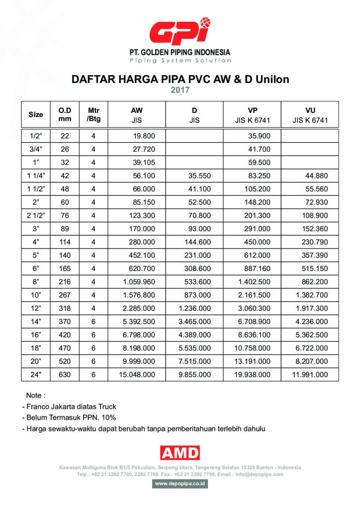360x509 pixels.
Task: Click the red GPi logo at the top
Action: coord(180,31)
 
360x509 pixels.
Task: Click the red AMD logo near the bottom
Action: coord(180,452)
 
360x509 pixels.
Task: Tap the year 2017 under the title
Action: coord(180,90)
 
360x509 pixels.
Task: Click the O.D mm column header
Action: coord(65,114)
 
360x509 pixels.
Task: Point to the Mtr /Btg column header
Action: coord(93,114)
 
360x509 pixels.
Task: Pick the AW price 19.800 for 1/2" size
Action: coord(145,136)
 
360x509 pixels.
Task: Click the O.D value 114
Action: coord(65,243)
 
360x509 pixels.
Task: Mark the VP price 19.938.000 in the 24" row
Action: coord(254,374)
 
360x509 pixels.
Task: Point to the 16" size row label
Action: coord(36,335)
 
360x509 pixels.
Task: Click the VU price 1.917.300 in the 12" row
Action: coord(311,308)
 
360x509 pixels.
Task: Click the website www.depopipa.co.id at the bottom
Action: coord(180,483)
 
